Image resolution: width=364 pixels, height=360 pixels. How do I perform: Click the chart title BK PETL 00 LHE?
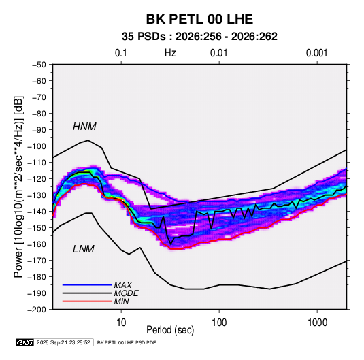click(199, 19)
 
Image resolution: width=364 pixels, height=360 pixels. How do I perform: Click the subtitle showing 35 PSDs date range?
click(199, 37)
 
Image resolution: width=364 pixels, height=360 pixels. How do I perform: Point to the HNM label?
click(84, 127)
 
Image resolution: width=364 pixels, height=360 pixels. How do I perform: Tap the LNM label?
click(84, 249)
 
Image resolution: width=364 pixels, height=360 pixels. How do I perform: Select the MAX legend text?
click(123, 284)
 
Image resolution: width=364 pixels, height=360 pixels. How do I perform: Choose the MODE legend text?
click(127, 293)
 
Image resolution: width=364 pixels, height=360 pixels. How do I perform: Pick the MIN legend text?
click(121, 301)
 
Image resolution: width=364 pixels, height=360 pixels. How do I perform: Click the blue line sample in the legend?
click(87, 284)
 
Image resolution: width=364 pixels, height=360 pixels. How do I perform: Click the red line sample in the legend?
click(87, 301)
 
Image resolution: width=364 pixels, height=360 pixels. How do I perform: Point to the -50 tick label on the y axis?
click(39, 65)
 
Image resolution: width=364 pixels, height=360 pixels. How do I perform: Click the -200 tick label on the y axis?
click(37, 310)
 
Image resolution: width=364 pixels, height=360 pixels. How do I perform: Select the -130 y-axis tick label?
click(37, 195)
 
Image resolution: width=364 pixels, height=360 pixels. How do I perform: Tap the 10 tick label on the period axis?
click(121, 323)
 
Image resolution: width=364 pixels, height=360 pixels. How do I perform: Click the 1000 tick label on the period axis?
click(317, 323)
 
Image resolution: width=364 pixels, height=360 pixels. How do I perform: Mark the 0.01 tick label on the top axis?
click(218, 53)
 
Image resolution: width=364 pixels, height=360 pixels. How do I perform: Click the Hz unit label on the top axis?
click(170, 53)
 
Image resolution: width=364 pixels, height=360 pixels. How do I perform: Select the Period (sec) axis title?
click(170, 330)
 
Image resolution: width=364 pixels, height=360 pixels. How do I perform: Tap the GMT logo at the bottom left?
click(25, 342)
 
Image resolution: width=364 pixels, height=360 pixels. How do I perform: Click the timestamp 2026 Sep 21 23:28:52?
click(63, 342)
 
